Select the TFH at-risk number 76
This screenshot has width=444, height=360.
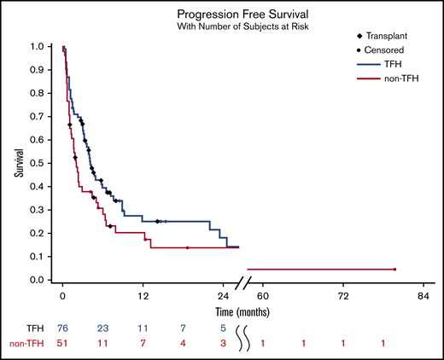62,328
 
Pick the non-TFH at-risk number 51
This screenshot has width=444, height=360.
62,343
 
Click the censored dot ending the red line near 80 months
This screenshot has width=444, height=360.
395,270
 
